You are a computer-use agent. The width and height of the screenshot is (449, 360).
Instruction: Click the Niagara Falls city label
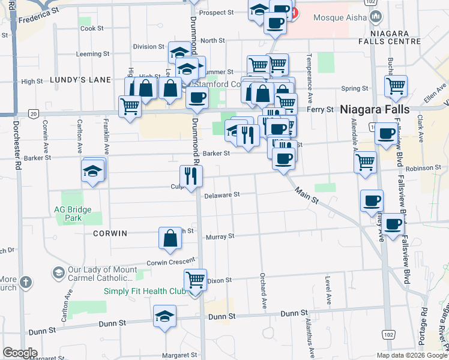[x=375, y=110]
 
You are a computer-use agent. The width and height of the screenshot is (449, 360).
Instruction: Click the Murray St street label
[x=220, y=237]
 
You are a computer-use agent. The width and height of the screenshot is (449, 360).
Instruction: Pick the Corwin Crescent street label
[x=171, y=262]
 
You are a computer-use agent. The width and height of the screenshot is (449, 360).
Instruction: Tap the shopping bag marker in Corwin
[x=170, y=238]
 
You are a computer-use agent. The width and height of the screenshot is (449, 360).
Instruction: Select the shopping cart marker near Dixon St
[x=195, y=280]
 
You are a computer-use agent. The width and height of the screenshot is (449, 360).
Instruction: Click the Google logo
[x=20, y=353]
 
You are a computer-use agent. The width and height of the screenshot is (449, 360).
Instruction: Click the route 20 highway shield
[x=34, y=113]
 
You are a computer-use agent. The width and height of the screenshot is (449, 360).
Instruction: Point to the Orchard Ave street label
[x=263, y=292]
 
